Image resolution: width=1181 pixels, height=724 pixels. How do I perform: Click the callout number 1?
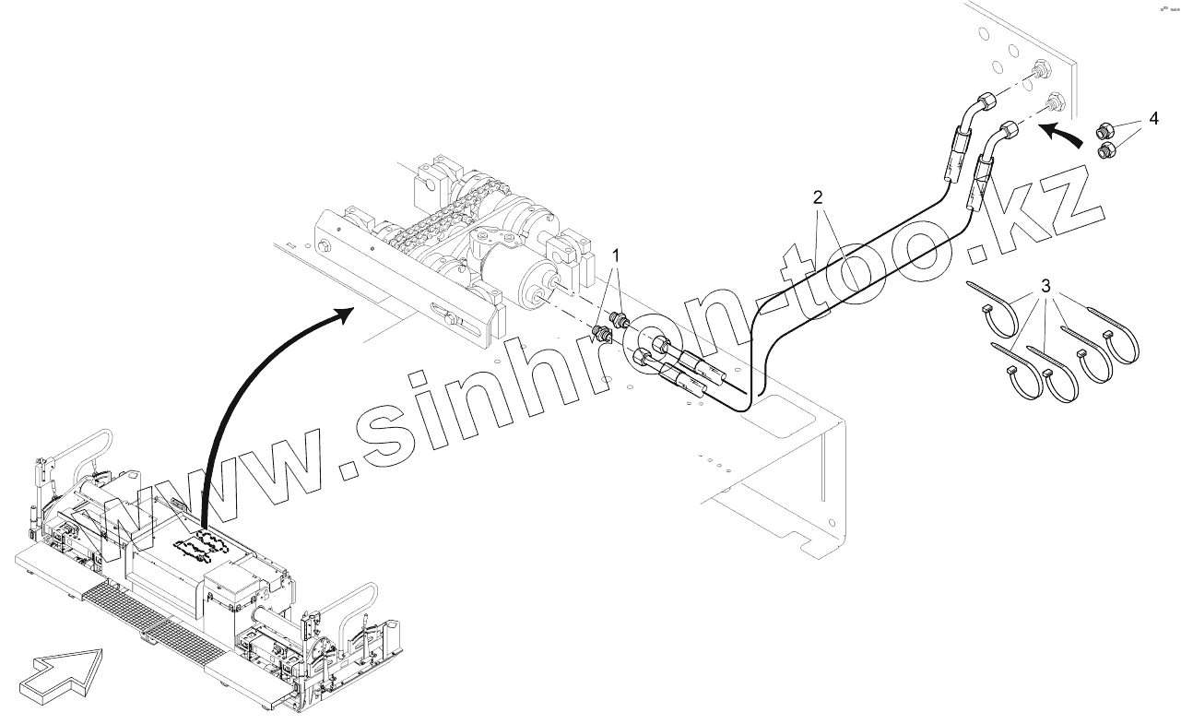pyautogui.click(x=618, y=255)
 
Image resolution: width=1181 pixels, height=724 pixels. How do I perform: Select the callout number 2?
pyautogui.click(x=817, y=196)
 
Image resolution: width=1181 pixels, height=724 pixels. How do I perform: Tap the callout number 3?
pyautogui.click(x=1046, y=286)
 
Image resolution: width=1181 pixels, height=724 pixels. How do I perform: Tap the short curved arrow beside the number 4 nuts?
pyautogui.click(x=1060, y=136)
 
